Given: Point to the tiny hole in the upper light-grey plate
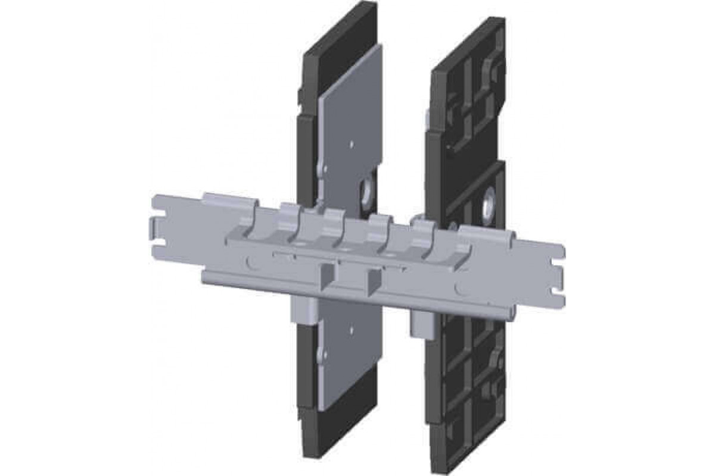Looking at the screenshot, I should pyautogui.click(x=352, y=143).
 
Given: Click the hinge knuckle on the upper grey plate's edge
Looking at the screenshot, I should pyautogui.click(x=322, y=169).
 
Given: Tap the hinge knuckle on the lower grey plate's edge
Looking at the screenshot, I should pyautogui.click(x=322, y=355).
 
